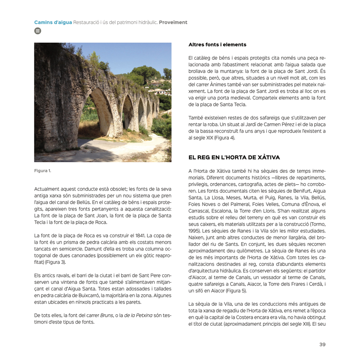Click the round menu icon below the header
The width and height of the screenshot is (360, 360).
pyautogui.click(x=37, y=30)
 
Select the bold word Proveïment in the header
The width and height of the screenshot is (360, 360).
pyautogui.click(x=173, y=22)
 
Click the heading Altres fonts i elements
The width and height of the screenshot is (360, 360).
pyautogui.click(x=217, y=44)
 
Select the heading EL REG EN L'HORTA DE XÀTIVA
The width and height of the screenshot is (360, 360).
pyautogui.click(x=234, y=158)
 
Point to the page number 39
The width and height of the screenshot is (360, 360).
pyautogui.click(x=322, y=344)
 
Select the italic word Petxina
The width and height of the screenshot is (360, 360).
pyautogui.click(x=142, y=316)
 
